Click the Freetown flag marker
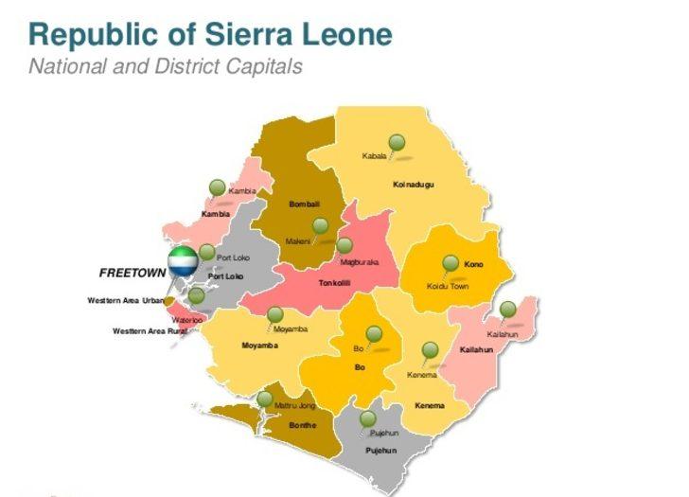(x=182, y=260)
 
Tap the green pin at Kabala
(x=397, y=143)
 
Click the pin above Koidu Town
(x=450, y=263)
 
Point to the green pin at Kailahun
(x=508, y=310)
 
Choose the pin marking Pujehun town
(x=368, y=418)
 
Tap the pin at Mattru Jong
(x=265, y=399)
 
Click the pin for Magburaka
(x=344, y=245)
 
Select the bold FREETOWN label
(x=132, y=273)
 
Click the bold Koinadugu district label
(x=413, y=184)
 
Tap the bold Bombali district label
(x=304, y=204)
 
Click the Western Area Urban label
(x=126, y=301)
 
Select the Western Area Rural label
(x=145, y=331)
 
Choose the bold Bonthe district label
(x=303, y=425)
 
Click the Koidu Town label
(x=447, y=286)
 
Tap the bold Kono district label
(x=473, y=264)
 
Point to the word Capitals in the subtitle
(x=267, y=66)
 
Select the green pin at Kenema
(x=431, y=351)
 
